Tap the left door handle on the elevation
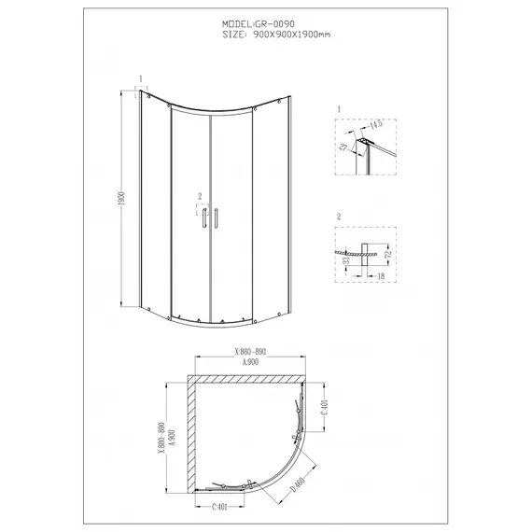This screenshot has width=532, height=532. (x=201, y=218)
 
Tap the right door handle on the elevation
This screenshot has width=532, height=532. (x=216, y=218)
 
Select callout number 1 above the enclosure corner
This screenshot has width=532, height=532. (x=140, y=79)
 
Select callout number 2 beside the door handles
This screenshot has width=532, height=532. (x=200, y=195)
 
